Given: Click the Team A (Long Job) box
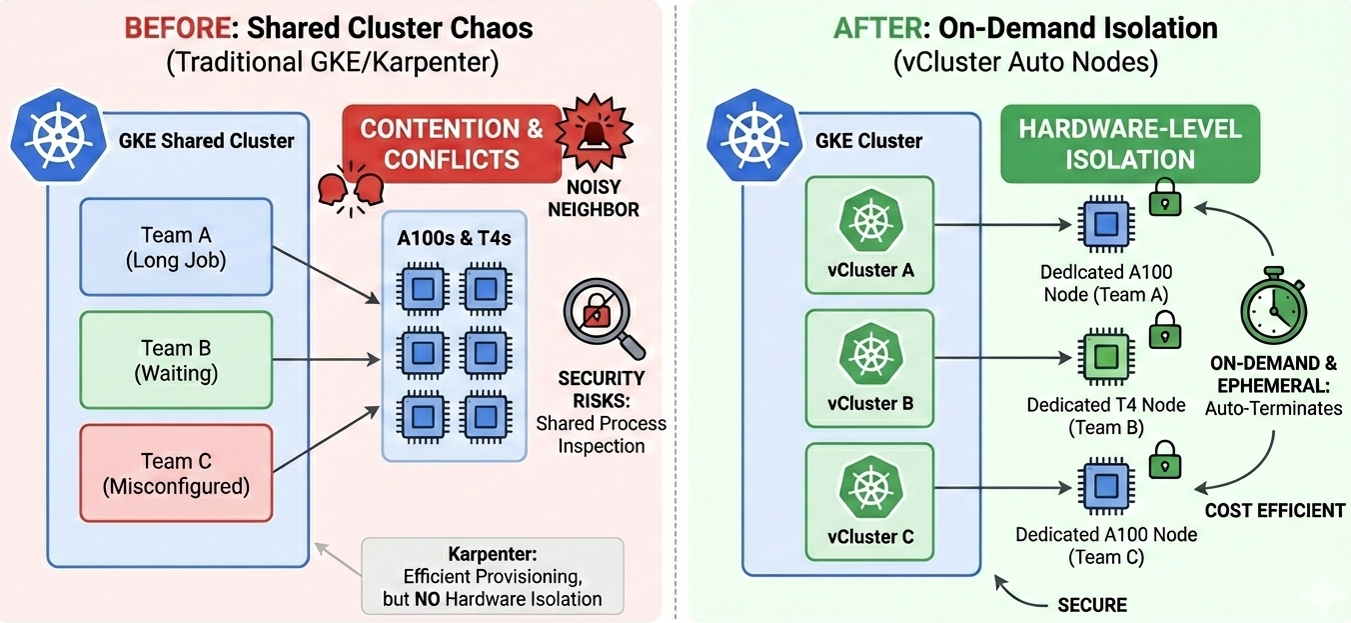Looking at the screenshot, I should (x=176, y=247).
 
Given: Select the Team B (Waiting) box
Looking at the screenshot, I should (x=176, y=360).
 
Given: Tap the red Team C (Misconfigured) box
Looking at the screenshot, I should (x=176, y=473).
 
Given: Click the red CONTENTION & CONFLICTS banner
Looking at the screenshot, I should (x=452, y=143).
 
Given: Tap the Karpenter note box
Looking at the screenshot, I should (x=493, y=575).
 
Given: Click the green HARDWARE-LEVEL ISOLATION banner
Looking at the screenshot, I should (x=1130, y=143).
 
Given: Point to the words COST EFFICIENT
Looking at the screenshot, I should (x=1274, y=510).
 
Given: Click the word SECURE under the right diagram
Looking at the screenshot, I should (x=1091, y=604).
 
